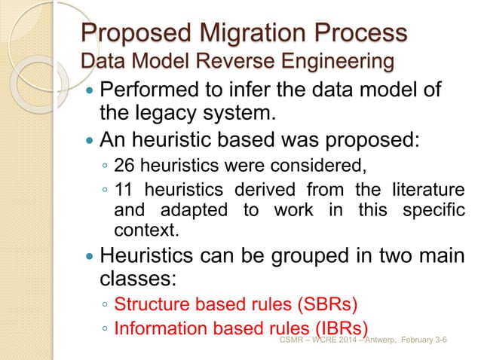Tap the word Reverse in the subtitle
(x=236, y=60)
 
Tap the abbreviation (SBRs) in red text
(x=329, y=307)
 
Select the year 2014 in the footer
(x=337, y=340)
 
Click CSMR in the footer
(x=290, y=340)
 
